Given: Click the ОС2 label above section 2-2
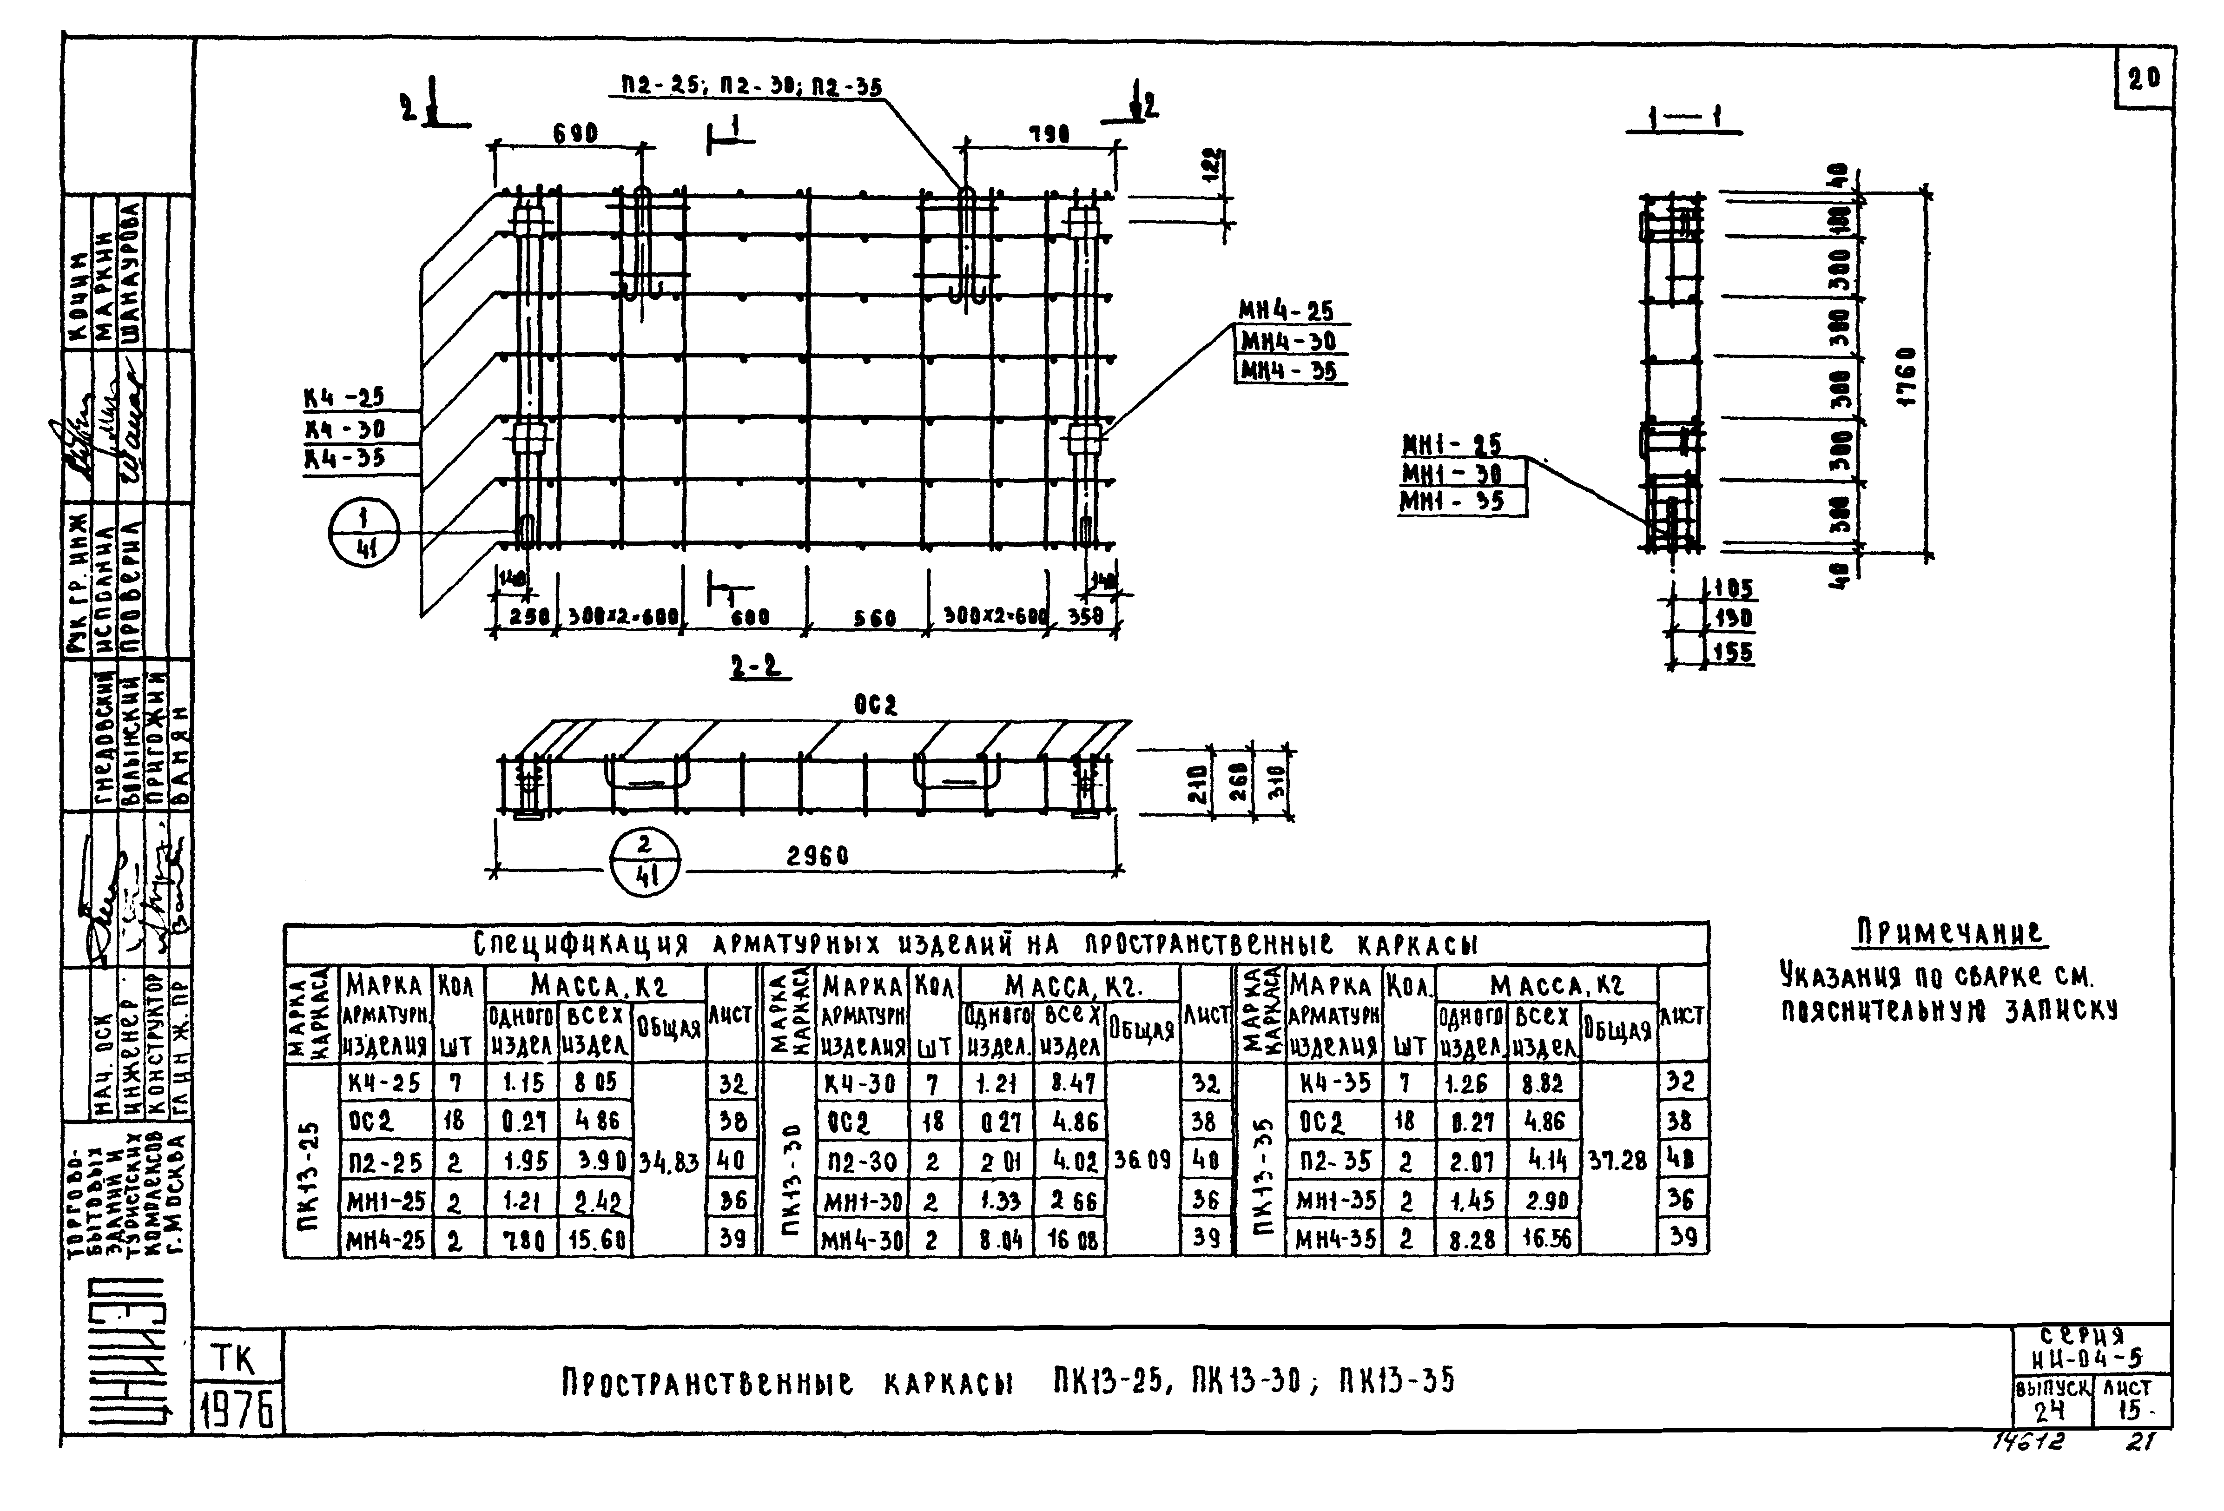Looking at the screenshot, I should [x=876, y=705].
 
